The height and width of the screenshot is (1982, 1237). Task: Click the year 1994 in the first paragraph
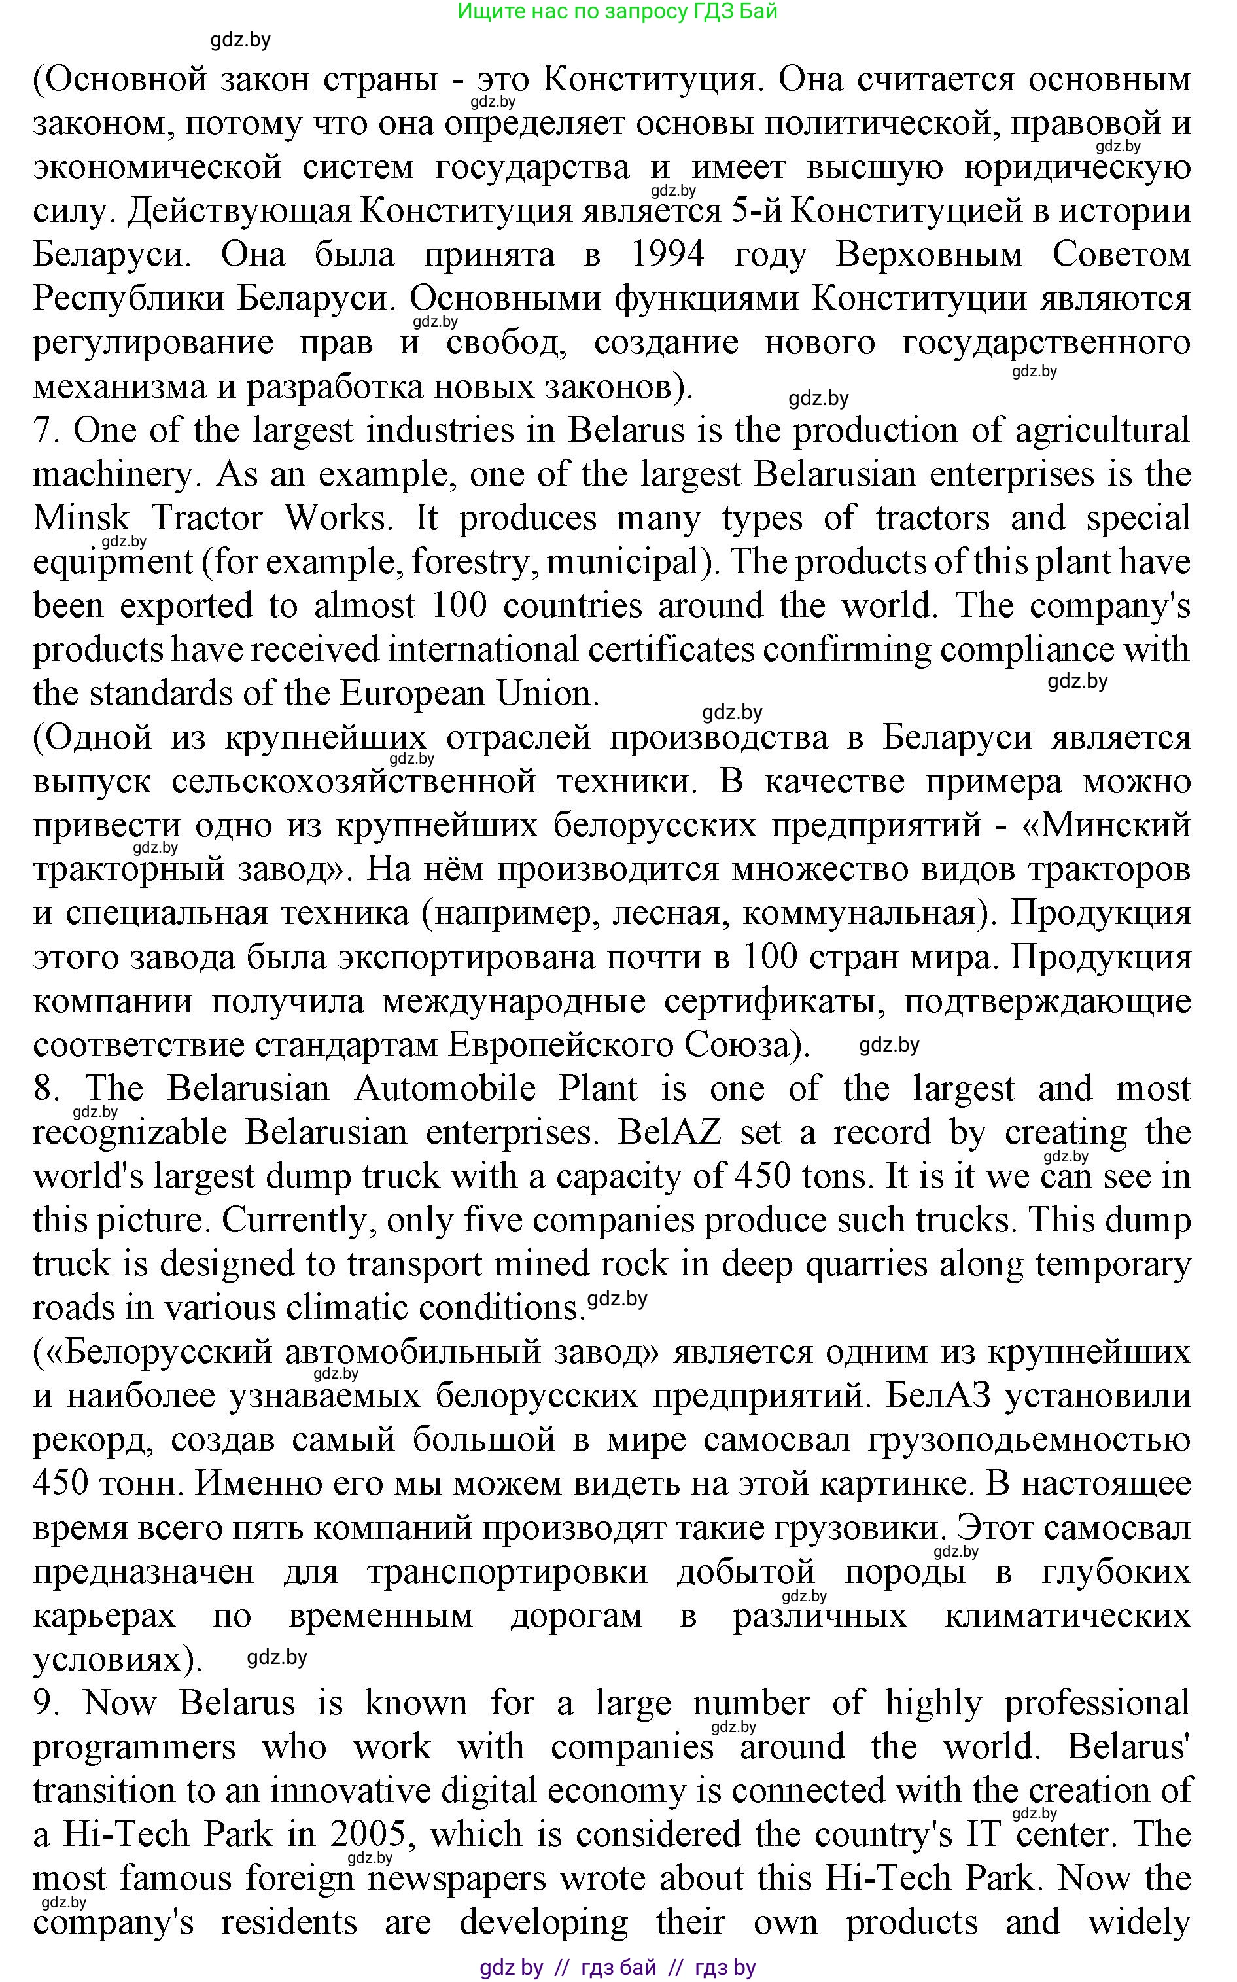point(668,255)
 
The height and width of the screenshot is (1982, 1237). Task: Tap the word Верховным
point(929,255)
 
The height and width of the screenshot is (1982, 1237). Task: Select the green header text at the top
point(617,12)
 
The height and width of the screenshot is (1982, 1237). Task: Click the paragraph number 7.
point(48,431)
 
